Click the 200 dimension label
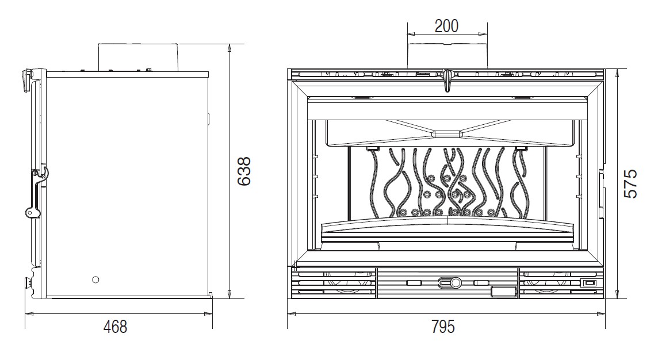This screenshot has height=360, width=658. [x=446, y=26]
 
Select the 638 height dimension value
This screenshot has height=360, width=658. [x=244, y=171]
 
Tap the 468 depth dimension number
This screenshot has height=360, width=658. [x=115, y=327]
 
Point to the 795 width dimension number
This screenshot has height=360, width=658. [x=443, y=327]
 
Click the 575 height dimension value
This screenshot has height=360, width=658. [x=630, y=183]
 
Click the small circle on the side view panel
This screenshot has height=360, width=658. [x=95, y=279]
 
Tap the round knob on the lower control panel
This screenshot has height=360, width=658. [x=456, y=283]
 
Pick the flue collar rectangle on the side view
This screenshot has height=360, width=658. [x=139, y=57]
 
